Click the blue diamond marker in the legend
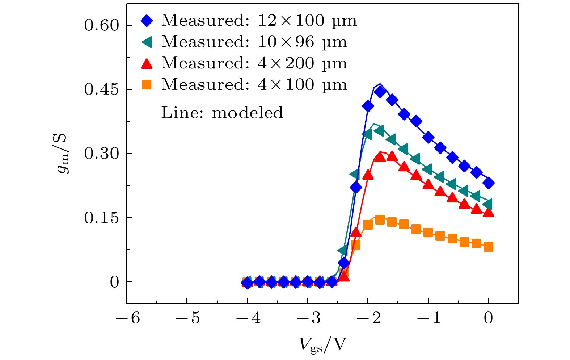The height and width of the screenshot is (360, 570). point(146,21)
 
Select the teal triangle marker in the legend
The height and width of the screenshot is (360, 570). point(147,42)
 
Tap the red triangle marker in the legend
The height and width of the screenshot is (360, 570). point(146,64)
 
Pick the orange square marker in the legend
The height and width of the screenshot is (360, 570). point(146,85)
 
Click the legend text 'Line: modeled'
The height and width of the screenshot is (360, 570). point(222,113)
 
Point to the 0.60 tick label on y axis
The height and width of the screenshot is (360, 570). point(102,25)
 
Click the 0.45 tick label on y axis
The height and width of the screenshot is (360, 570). point(102,89)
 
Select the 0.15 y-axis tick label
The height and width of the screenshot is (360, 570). point(102,218)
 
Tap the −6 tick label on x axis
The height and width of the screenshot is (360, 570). point(128,318)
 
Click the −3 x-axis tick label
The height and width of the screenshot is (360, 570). point(308,318)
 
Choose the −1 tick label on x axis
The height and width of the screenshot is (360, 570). point(429,318)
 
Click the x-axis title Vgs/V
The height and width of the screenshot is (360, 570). point(322,344)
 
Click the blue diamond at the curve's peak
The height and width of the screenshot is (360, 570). point(380,92)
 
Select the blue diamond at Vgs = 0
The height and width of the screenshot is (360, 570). point(489,183)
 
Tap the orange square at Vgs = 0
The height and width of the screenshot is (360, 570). point(489,247)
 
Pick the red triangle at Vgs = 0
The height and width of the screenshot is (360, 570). point(489,212)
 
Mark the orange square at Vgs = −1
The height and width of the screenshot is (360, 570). point(428,233)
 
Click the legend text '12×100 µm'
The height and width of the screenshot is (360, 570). point(307,21)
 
